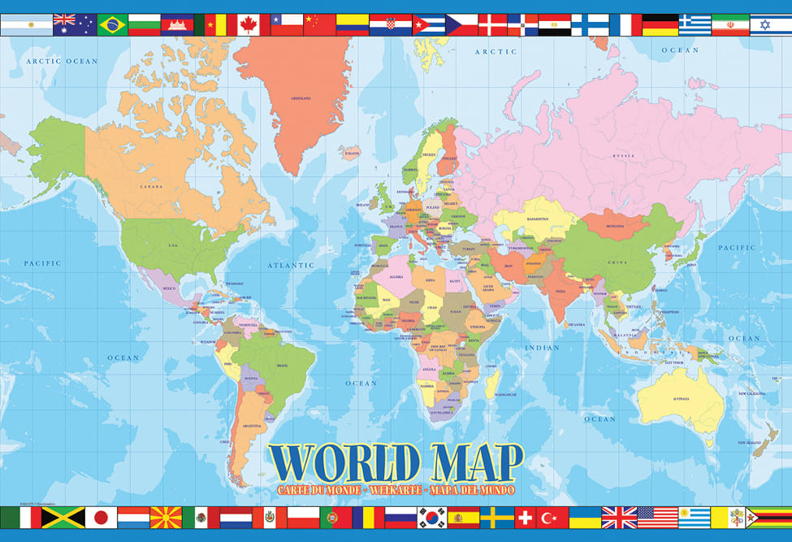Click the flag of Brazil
(112, 24)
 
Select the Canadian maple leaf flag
(248, 24)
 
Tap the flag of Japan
(101, 518)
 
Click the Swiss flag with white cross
(526, 518)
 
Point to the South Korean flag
(432, 518)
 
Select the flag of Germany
(660, 24)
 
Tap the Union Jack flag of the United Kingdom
(619, 518)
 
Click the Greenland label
(301, 99)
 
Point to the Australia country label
(680, 399)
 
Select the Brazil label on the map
(282, 366)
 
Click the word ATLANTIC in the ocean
(291, 265)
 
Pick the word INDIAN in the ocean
(542, 348)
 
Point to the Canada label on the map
(152, 186)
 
